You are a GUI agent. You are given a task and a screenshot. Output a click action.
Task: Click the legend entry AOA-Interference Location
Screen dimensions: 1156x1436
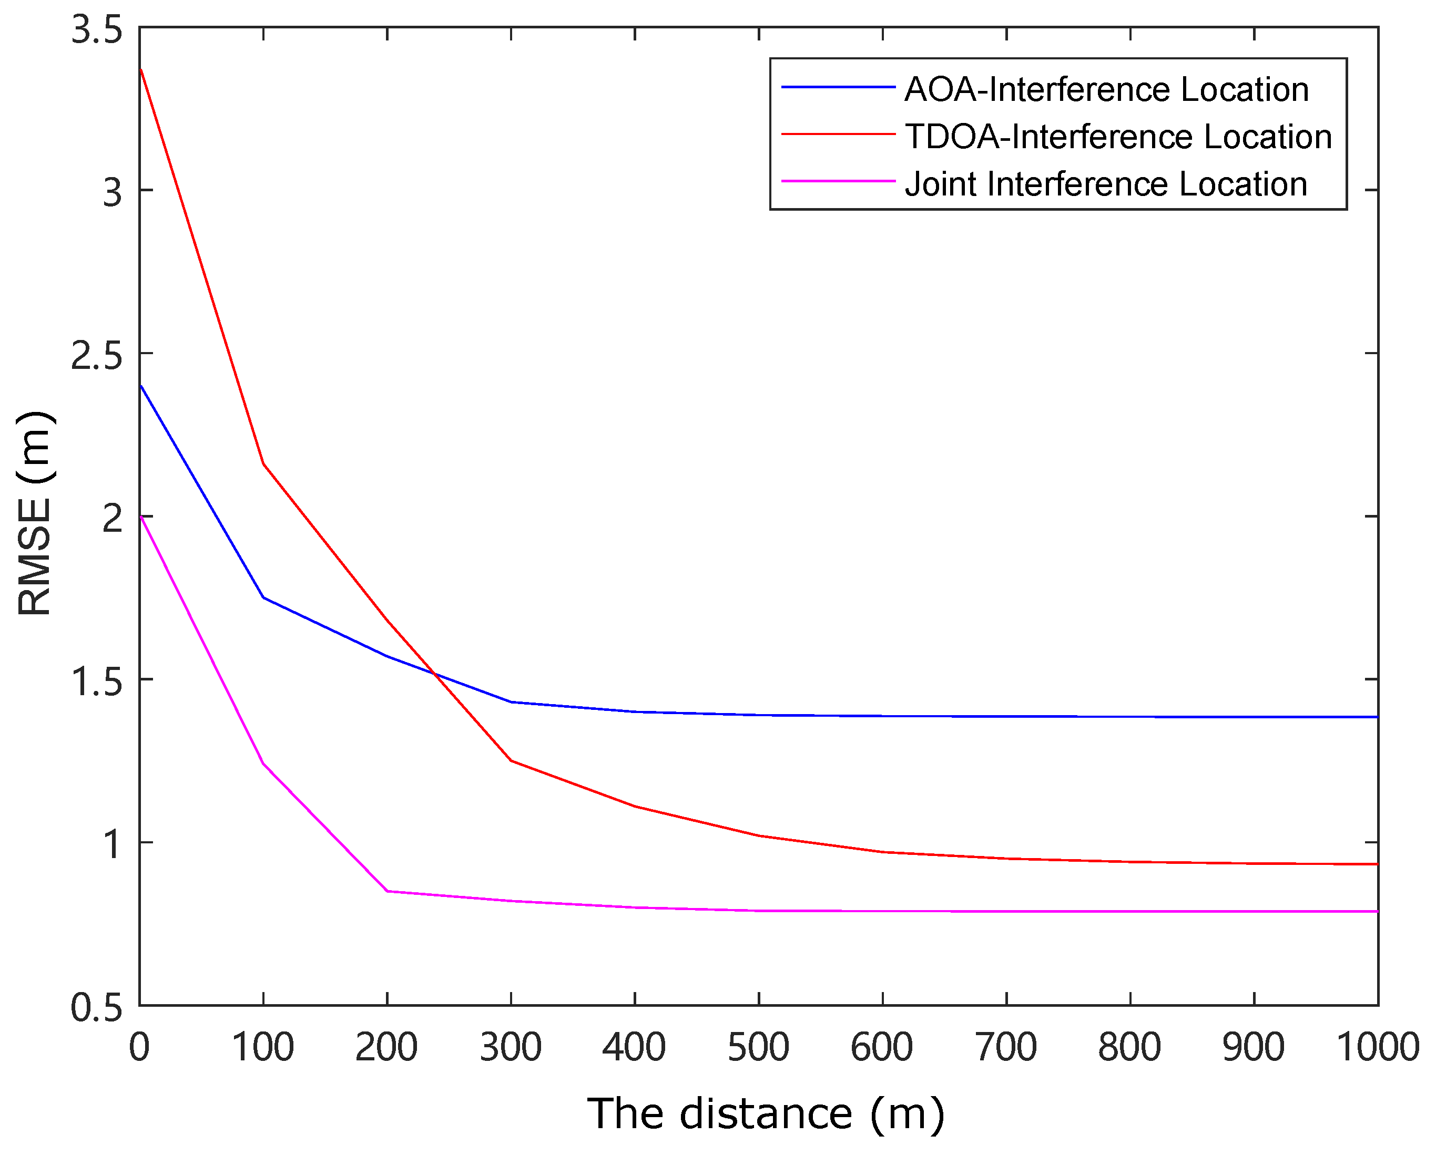pyautogui.click(x=1106, y=90)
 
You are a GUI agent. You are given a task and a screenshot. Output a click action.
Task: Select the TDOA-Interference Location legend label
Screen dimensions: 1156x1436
pyautogui.click(x=1118, y=137)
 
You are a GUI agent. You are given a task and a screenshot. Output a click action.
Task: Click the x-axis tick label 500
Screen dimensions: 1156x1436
pyautogui.click(x=758, y=1047)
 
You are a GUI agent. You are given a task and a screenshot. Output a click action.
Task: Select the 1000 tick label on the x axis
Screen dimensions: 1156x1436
pyautogui.click(x=1377, y=1047)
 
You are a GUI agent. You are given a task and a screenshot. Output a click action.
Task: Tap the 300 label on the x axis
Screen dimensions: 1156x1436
pyautogui.click(x=511, y=1047)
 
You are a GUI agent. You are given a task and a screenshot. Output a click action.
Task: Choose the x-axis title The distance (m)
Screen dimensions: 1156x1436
pyautogui.click(x=765, y=1113)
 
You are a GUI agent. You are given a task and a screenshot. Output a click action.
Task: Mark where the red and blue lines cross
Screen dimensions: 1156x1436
pyautogui.click(x=434, y=674)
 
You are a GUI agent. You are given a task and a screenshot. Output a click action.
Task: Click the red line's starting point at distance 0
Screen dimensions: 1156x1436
pyautogui.click(x=140, y=69)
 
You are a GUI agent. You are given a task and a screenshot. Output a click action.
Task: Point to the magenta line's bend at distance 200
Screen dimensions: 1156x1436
pyautogui.click(x=387, y=891)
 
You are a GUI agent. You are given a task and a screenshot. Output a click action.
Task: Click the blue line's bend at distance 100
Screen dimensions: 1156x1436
pyautogui.click(x=263, y=597)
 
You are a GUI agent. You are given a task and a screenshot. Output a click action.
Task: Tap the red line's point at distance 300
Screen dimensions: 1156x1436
pyautogui.click(x=511, y=760)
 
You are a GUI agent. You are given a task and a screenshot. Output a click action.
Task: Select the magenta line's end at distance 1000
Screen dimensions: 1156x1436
pyautogui.click(x=1377, y=912)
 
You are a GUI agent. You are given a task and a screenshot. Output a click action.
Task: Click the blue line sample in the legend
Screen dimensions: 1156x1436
pyautogui.click(x=838, y=87)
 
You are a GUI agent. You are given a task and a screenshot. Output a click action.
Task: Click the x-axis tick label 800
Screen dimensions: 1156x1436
pyautogui.click(x=1129, y=1047)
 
